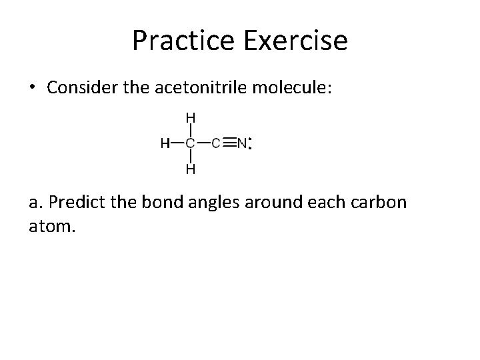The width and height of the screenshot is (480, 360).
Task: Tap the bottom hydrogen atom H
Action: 190,169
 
